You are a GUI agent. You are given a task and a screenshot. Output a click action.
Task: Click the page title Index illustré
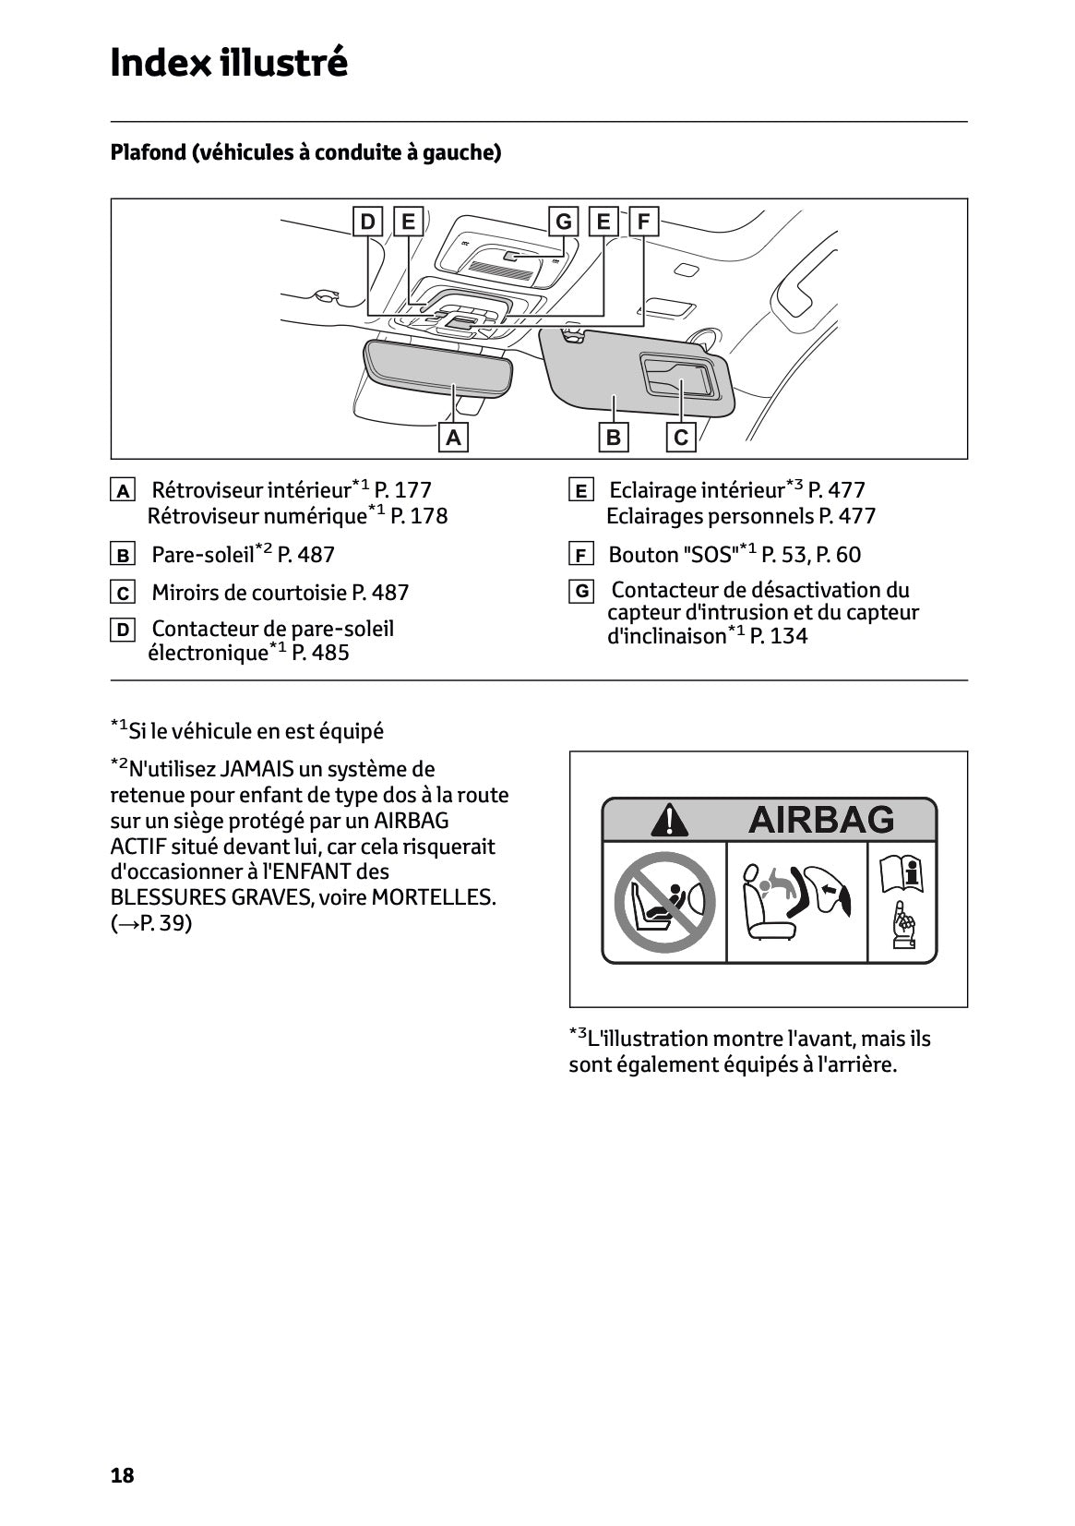click(x=228, y=63)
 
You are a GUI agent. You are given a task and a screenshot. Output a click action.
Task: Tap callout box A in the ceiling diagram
click(x=453, y=437)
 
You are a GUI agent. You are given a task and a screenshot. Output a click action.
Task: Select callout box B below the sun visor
click(x=614, y=437)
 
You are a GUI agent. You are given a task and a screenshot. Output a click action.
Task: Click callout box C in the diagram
click(x=681, y=437)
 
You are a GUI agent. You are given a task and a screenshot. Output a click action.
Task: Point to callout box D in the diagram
click(x=367, y=222)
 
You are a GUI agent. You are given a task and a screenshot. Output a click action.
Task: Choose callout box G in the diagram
click(x=563, y=222)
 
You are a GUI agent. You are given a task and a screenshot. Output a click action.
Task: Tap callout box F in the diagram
click(x=643, y=222)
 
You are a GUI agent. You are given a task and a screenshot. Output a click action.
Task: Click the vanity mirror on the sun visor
click(x=677, y=376)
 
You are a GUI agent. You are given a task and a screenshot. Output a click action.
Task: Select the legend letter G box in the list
click(x=580, y=591)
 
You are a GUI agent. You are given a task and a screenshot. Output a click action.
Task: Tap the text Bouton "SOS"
click(x=673, y=555)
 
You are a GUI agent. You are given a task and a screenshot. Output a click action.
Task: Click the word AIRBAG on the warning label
click(x=820, y=819)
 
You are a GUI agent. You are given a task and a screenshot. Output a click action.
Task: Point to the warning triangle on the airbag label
click(x=668, y=819)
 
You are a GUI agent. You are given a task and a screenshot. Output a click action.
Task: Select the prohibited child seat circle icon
click(x=664, y=902)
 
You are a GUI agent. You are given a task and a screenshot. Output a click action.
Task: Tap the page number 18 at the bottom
click(x=122, y=1475)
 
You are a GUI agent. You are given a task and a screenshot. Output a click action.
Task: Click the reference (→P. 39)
click(x=150, y=923)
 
